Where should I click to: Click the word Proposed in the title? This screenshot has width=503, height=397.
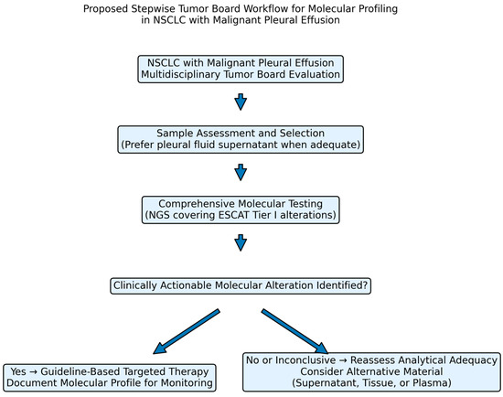(105, 8)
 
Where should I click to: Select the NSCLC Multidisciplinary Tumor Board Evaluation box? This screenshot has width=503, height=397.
(241, 69)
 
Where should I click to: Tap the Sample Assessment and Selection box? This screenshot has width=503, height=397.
(241, 139)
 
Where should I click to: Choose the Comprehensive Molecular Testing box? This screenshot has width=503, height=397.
(241, 209)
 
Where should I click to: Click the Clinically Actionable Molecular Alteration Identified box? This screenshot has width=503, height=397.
(241, 286)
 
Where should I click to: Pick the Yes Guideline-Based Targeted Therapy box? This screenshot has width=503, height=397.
(110, 378)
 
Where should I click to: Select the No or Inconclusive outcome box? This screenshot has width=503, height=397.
(371, 372)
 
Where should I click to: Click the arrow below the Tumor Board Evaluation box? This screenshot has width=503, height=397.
(241, 102)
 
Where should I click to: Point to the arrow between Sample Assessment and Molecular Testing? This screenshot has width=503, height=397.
(241, 172)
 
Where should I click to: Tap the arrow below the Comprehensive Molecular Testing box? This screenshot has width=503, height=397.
(241, 242)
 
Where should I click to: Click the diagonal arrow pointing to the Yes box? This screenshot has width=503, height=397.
(187, 331)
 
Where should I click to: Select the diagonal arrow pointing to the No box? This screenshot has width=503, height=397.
(294, 331)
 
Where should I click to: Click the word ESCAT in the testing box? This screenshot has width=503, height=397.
(233, 215)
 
